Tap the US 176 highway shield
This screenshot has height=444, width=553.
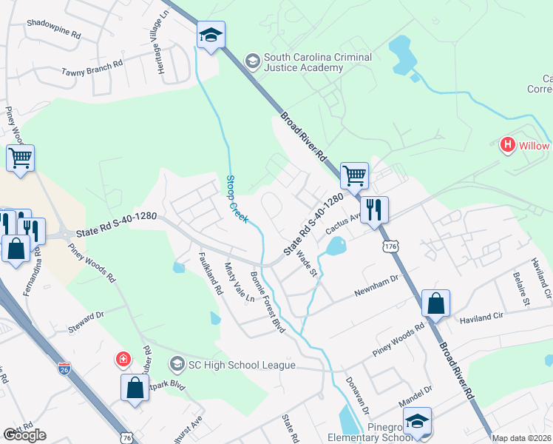coord(390,245)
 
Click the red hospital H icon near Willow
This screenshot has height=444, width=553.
coord(507,145)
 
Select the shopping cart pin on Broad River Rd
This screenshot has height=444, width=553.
coord(354,176)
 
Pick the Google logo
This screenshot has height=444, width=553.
coord(24,435)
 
